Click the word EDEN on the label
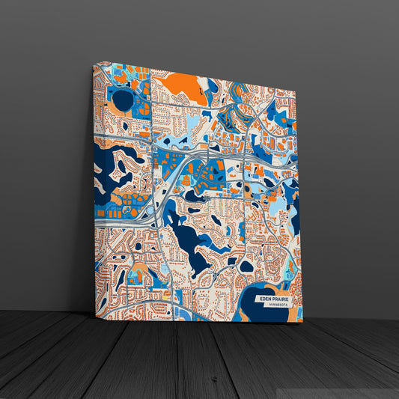(x=265, y=299)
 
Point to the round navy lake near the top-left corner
(x=121, y=100)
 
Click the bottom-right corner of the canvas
(x=302, y=322)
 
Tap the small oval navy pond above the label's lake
(x=246, y=265)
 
